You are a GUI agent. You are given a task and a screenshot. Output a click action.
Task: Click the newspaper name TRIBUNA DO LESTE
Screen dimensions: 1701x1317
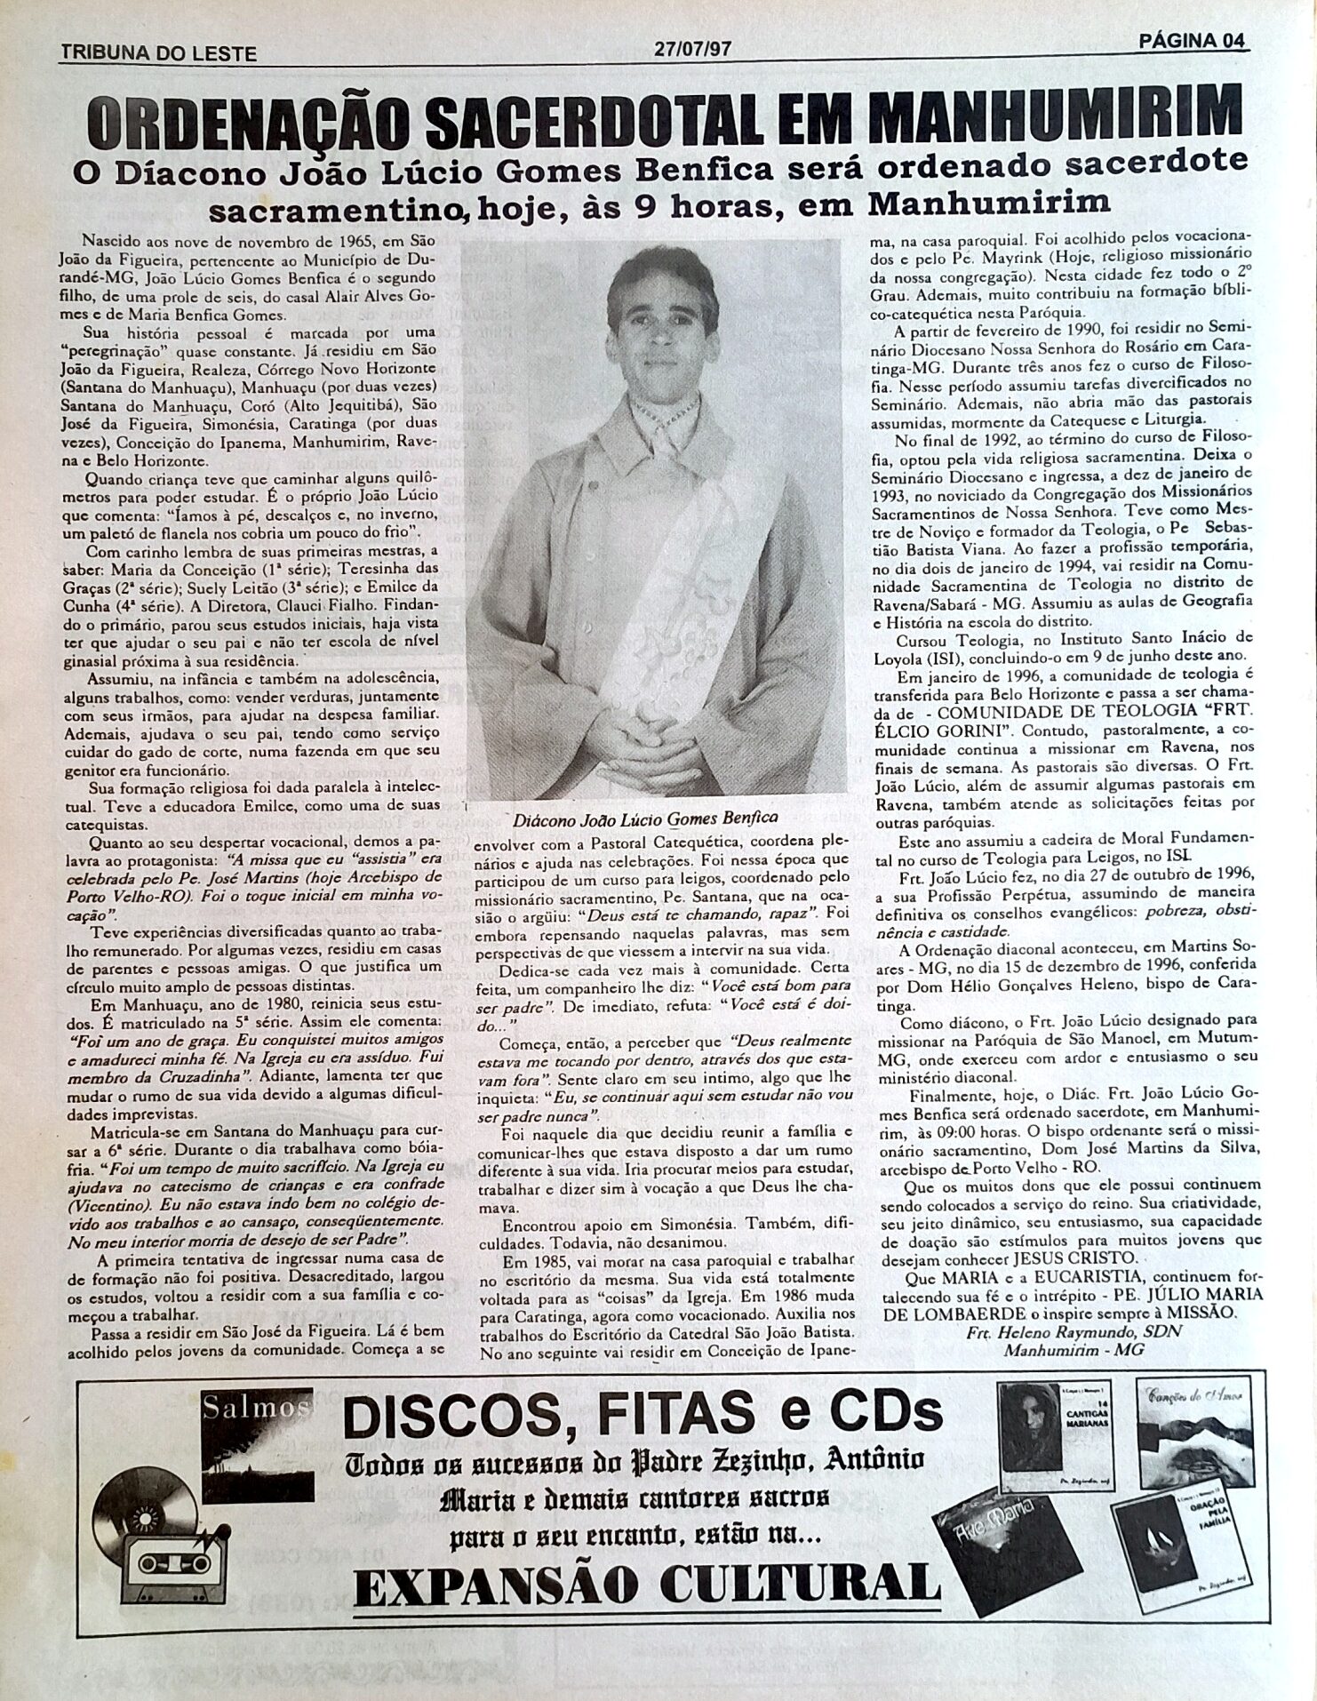pyautogui.click(x=157, y=53)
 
